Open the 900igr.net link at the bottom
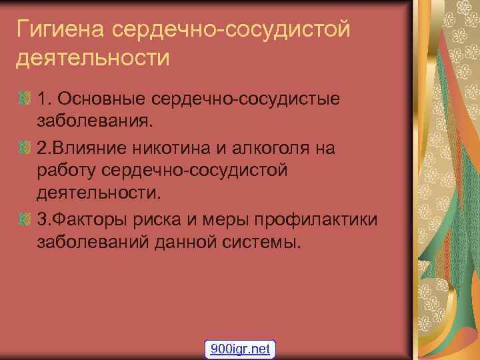[x=240, y=349]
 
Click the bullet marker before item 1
[x=24, y=99]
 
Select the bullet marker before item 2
[x=24, y=147]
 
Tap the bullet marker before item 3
[x=24, y=219]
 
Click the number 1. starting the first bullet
[x=45, y=99]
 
